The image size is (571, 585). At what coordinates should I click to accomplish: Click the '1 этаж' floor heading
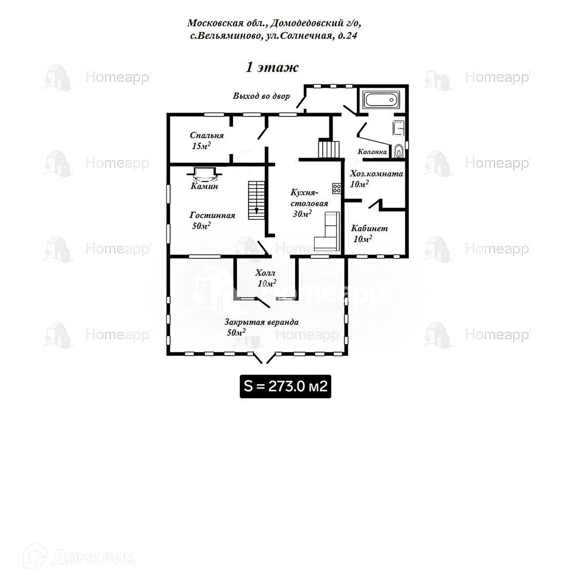(271, 67)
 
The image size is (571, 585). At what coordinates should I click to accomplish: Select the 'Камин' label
(204, 186)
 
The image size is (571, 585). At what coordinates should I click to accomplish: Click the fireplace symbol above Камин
(204, 174)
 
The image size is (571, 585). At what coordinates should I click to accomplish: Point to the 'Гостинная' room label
(212, 215)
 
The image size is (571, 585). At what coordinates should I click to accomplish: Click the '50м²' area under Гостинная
(201, 226)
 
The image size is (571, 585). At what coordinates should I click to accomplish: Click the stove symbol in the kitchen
(336, 187)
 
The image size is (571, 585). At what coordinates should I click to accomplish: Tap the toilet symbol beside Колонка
(399, 151)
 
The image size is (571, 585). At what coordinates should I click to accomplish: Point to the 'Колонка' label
(373, 152)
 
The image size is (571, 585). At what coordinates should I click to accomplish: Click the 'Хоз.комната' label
(376, 174)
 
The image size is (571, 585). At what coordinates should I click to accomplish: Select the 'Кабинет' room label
(369, 228)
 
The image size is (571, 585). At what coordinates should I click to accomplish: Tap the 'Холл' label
(265, 273)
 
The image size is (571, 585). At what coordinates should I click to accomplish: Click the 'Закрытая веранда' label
(261, 322)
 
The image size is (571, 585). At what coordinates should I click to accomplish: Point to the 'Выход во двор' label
(261, 96)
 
